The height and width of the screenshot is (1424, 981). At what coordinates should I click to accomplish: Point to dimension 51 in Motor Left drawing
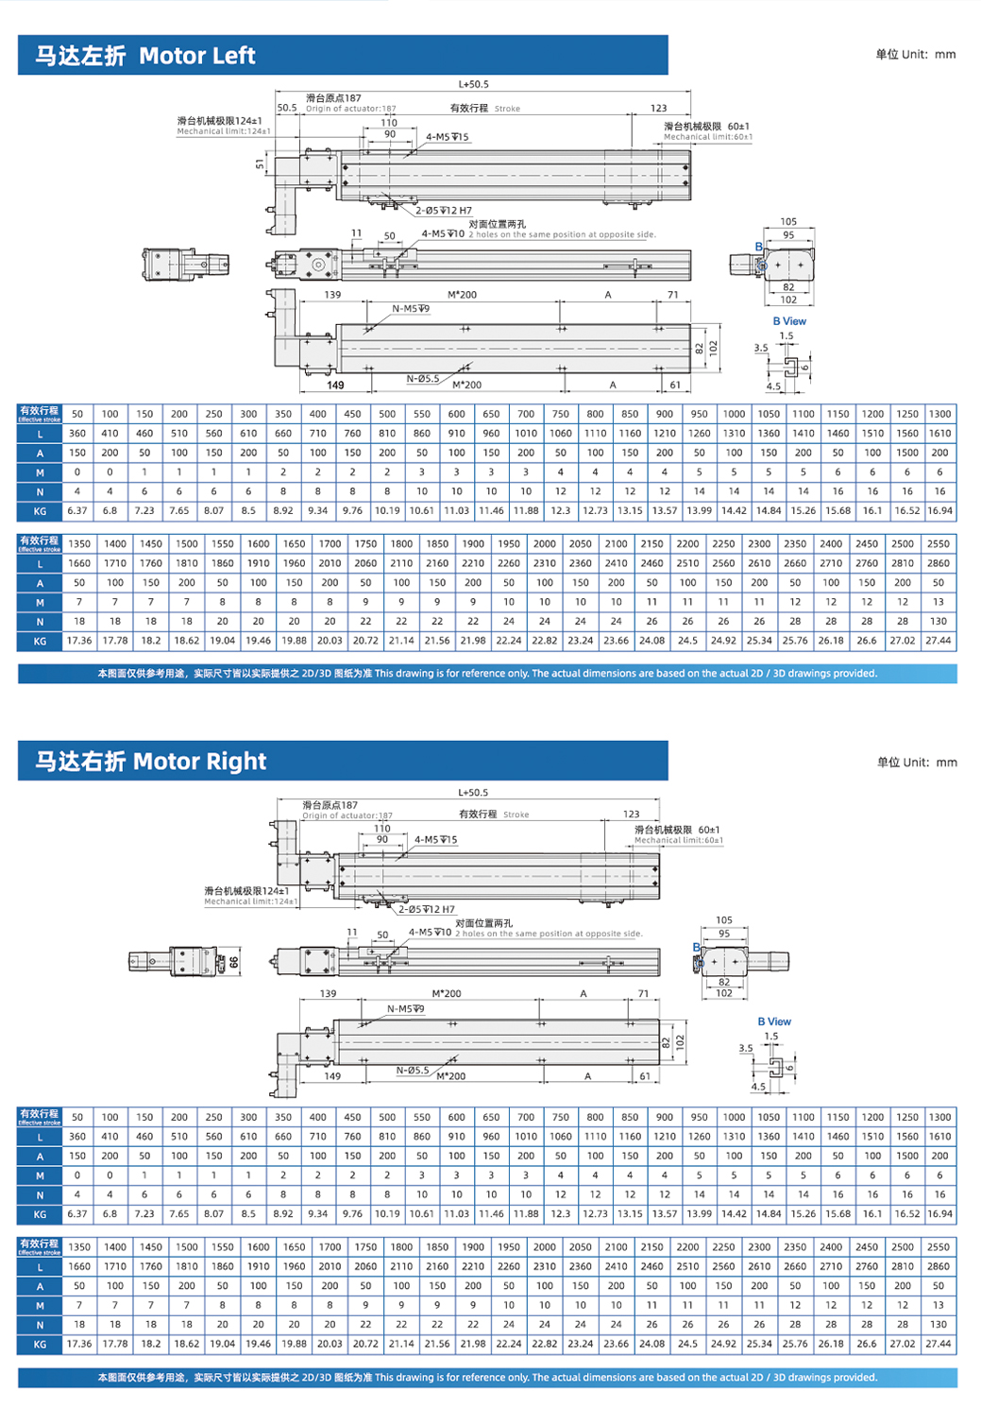pos(261,163)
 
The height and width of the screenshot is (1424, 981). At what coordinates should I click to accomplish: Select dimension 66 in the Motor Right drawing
pos(234,962)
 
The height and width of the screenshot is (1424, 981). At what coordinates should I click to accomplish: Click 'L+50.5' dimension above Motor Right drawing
pos(473,793)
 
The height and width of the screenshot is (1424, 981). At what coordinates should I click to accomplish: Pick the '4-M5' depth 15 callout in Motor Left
pos(447,137)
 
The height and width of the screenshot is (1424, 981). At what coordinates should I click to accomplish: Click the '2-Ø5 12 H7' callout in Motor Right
pos(426,909)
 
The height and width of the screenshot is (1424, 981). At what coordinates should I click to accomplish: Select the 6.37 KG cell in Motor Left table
pos(76,511)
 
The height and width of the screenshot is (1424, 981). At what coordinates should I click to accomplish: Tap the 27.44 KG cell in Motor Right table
pos(939,1344)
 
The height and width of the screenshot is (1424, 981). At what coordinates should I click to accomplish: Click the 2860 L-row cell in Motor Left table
pos(939,563)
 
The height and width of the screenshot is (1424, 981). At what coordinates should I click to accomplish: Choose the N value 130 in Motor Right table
pos(939,1325)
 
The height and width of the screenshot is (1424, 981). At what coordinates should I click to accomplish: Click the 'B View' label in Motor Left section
pos(789,321)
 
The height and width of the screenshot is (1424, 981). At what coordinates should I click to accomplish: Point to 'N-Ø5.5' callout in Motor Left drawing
pos(423,379)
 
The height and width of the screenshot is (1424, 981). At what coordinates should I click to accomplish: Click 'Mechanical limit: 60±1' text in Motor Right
pos(678,840)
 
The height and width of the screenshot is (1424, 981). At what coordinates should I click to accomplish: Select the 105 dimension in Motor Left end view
pos(788,222)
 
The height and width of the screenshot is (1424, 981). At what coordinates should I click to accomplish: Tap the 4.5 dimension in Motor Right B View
pos(759,1087)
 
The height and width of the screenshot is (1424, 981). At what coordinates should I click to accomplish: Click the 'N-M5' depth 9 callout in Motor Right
pos(405,1009)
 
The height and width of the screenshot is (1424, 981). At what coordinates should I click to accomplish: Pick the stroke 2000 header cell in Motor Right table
pos(545,1247)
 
